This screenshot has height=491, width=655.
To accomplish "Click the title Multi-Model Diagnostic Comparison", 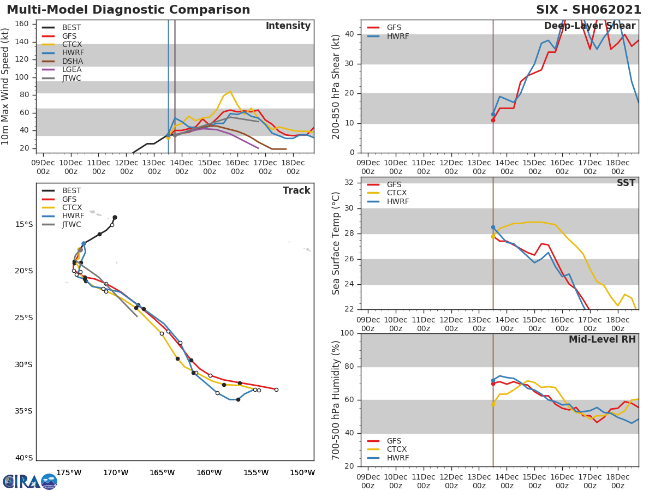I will click(x=128, y=10).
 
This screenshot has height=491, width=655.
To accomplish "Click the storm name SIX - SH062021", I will click(x=588, y=10).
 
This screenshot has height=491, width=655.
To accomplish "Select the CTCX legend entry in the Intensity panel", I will click(x=72, y=44).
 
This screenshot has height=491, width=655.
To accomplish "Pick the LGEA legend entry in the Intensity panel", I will click(x=72, y=69).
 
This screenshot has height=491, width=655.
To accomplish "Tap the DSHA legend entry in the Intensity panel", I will click(x=72, y=61).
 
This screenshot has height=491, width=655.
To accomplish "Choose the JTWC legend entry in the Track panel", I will click(x=72, y=224).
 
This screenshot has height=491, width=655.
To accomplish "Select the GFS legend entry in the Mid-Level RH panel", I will click(x=394, y=441).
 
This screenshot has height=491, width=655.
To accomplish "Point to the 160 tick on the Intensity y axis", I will click(x=22, y=23).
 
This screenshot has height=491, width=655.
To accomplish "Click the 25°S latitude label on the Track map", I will click(x=24, y=318).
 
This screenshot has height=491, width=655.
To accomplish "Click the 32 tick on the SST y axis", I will click(x=349, y=182).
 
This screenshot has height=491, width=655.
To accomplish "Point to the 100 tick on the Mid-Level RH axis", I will click(x=347, y=333).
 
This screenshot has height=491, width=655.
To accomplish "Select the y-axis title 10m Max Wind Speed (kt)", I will click(x=6, y=86).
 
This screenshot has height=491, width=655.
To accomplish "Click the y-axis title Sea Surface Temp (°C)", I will click(x=336, y=243).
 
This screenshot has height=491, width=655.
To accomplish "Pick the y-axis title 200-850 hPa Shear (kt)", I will click(x=336, y=86).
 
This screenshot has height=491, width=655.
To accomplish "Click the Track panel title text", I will click(x=296, y=190).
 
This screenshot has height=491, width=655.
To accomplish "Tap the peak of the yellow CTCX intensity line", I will click(x=230, y=91).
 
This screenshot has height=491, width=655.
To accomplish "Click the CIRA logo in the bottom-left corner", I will click(x=30, y=481).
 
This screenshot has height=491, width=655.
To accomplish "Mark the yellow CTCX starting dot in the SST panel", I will click(x=493, y=236).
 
